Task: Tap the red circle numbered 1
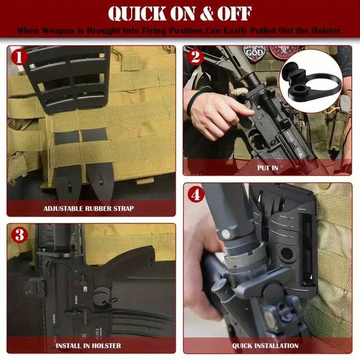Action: (20, 57)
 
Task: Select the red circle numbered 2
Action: (195, 57)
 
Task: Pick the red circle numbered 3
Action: (20, 236)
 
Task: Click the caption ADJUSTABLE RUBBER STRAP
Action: (88, 208)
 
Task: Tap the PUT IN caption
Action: (267, 168)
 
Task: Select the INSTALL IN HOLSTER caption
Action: (88, 345)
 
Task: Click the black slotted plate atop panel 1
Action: (67, 77)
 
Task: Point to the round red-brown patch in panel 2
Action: (280, 51)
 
